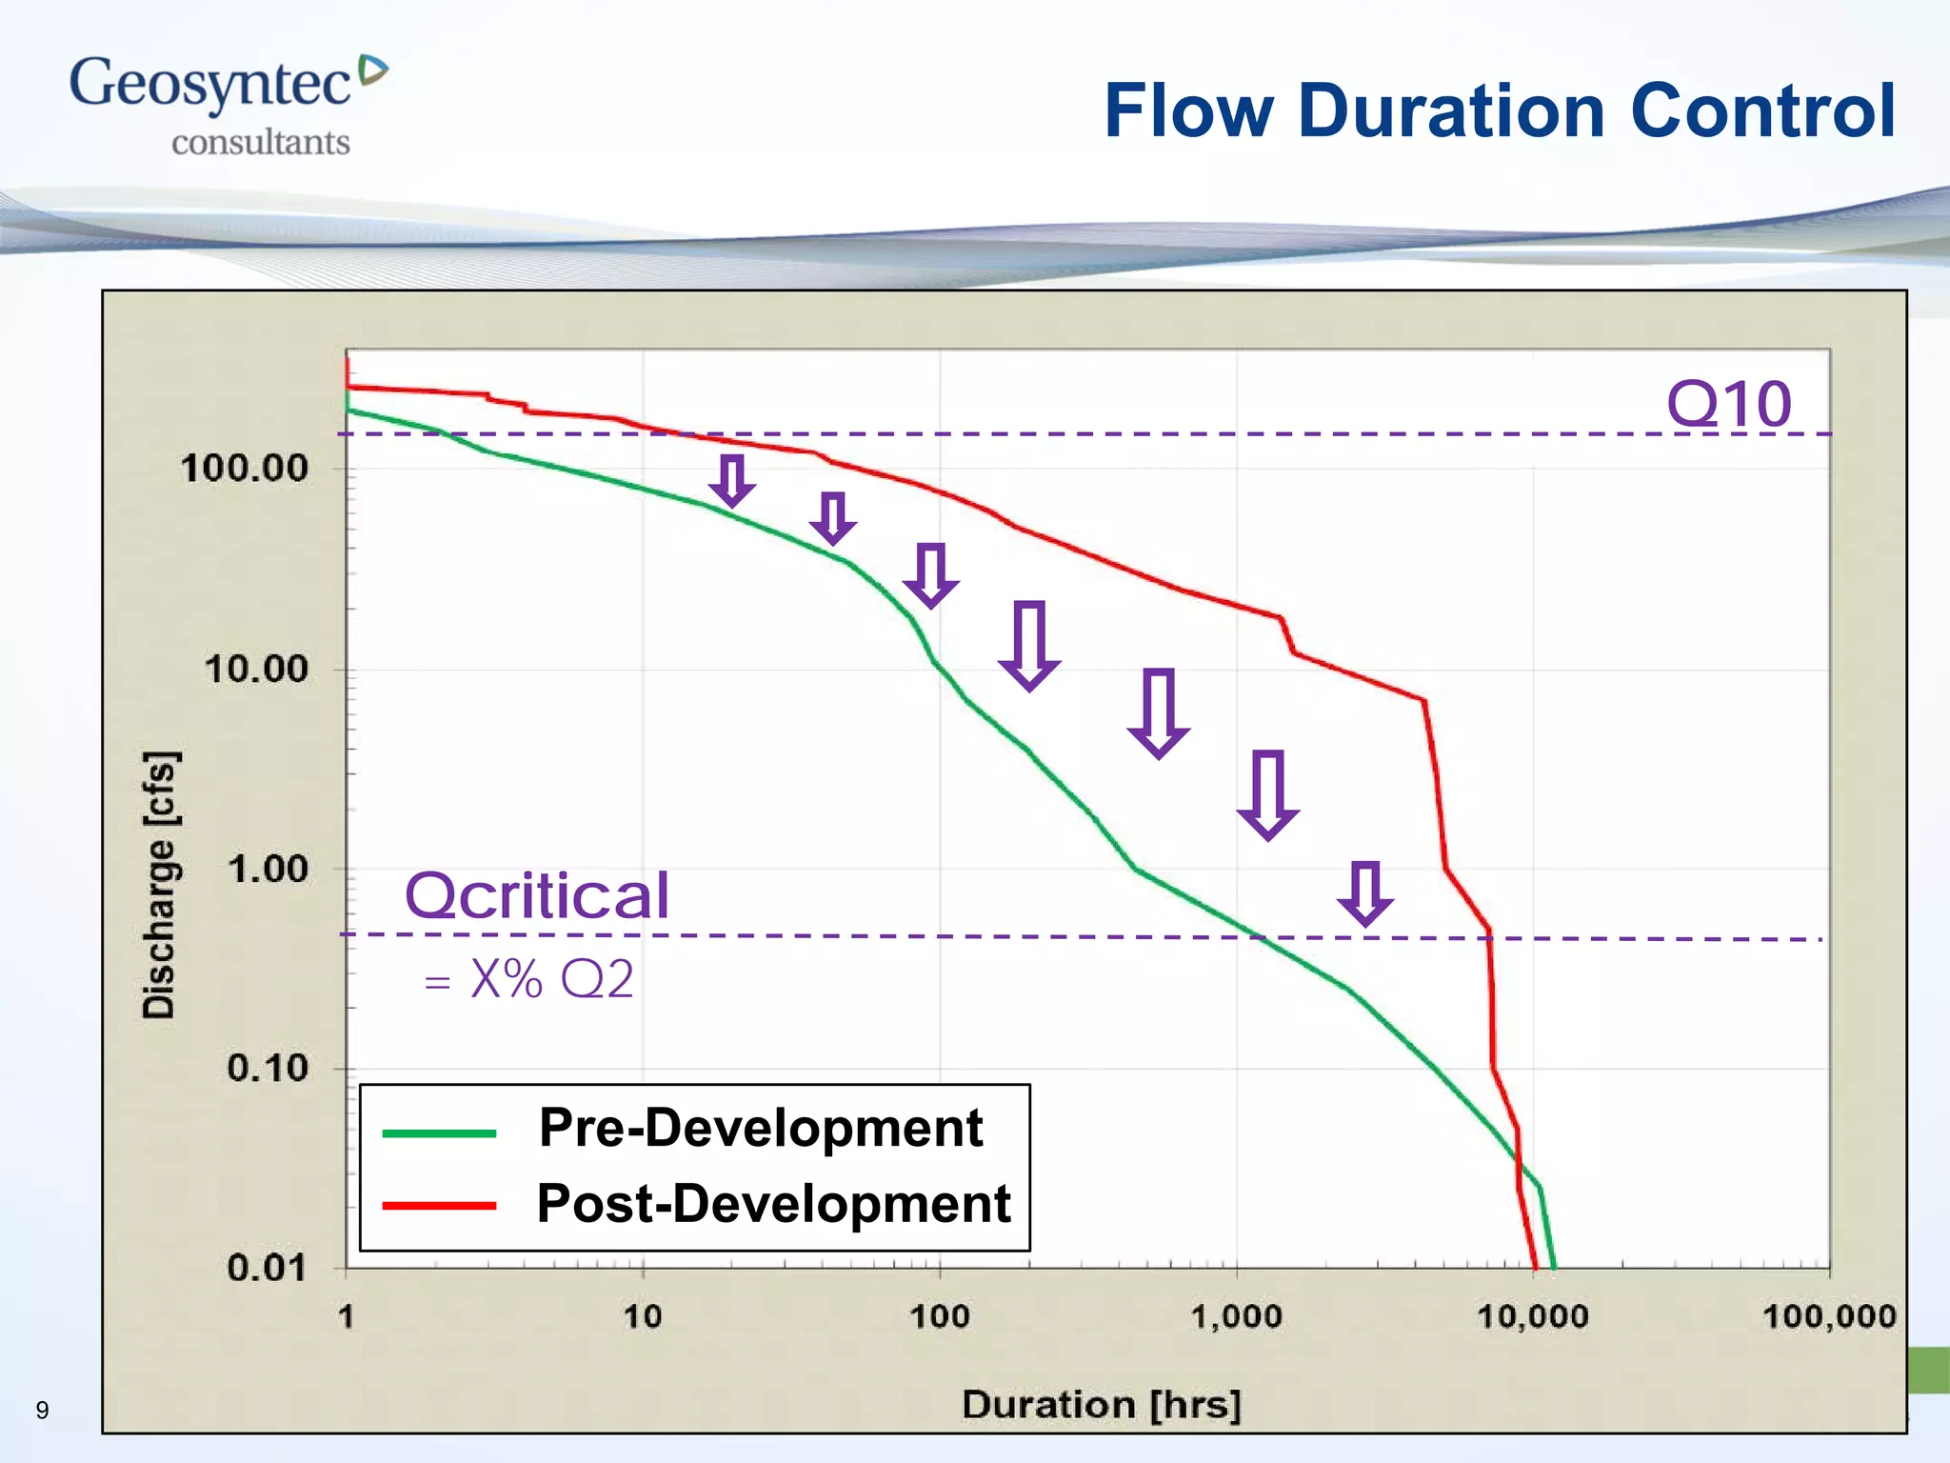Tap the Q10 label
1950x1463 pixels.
(x=1728, y=404)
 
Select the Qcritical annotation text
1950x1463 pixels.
(x=537, y=896)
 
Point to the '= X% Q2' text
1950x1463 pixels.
(x=529, y=979)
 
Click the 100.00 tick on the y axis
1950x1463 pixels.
(x=245, y=469)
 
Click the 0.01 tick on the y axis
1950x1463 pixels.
(x=267, y=1269)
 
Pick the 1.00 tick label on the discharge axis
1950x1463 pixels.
(x=269, y=869)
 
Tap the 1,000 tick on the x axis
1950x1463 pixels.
(x=1236, y=1317)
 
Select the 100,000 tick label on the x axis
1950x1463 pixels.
(x=1828, y=1317)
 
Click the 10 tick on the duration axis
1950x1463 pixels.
(x=643, y=1317)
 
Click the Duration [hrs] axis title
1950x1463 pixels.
(x=1101, y=1405)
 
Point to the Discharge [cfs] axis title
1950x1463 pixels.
(x=159, y=885)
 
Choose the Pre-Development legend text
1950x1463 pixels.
(x=760, y=1129)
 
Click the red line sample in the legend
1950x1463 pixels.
(x=439, y=1206)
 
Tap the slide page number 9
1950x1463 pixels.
(x=42, y=1411)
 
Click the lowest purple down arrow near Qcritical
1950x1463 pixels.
(x=1365, y=893)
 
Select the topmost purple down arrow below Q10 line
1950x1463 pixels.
(x=731, y=481)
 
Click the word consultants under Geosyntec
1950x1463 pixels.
(x=260, y=143)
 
